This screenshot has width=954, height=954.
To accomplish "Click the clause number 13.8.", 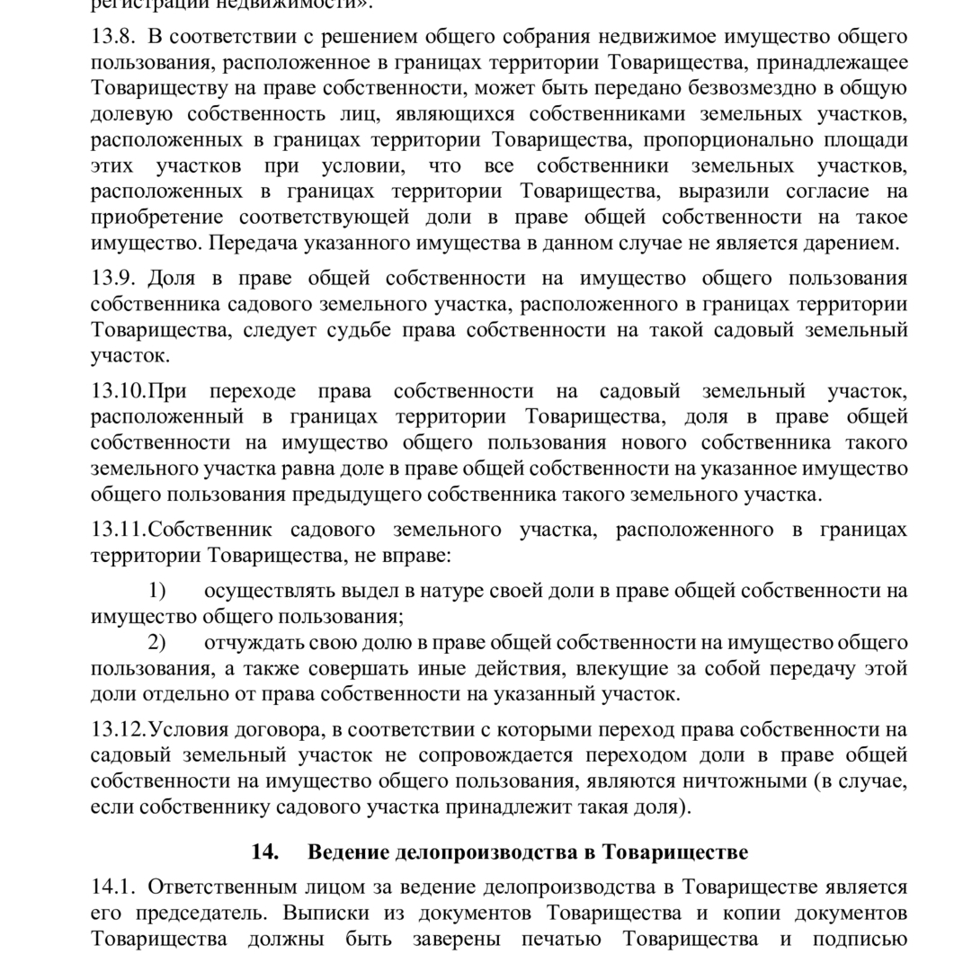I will [x=112, y=37].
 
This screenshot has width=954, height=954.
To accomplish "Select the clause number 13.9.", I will [x=112, y=278].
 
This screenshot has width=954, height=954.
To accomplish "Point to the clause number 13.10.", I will [x=118, y=391].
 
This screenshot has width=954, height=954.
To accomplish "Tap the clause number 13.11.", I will [x=118, y=530].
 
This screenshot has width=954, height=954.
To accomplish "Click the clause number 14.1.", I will [x=112, y=887].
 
